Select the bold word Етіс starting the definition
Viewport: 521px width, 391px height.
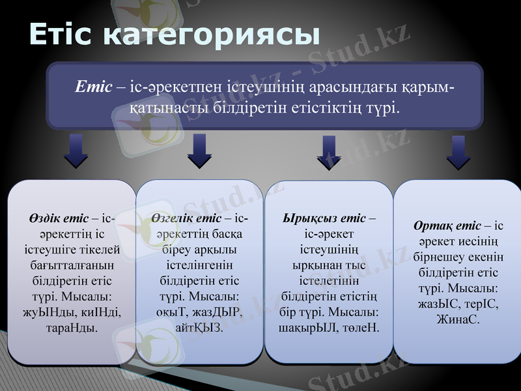[94, 87]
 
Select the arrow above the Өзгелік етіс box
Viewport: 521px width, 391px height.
[199, 152]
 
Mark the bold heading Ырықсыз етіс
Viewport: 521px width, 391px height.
[324, 218]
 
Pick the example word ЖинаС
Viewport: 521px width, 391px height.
[458, 320]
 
